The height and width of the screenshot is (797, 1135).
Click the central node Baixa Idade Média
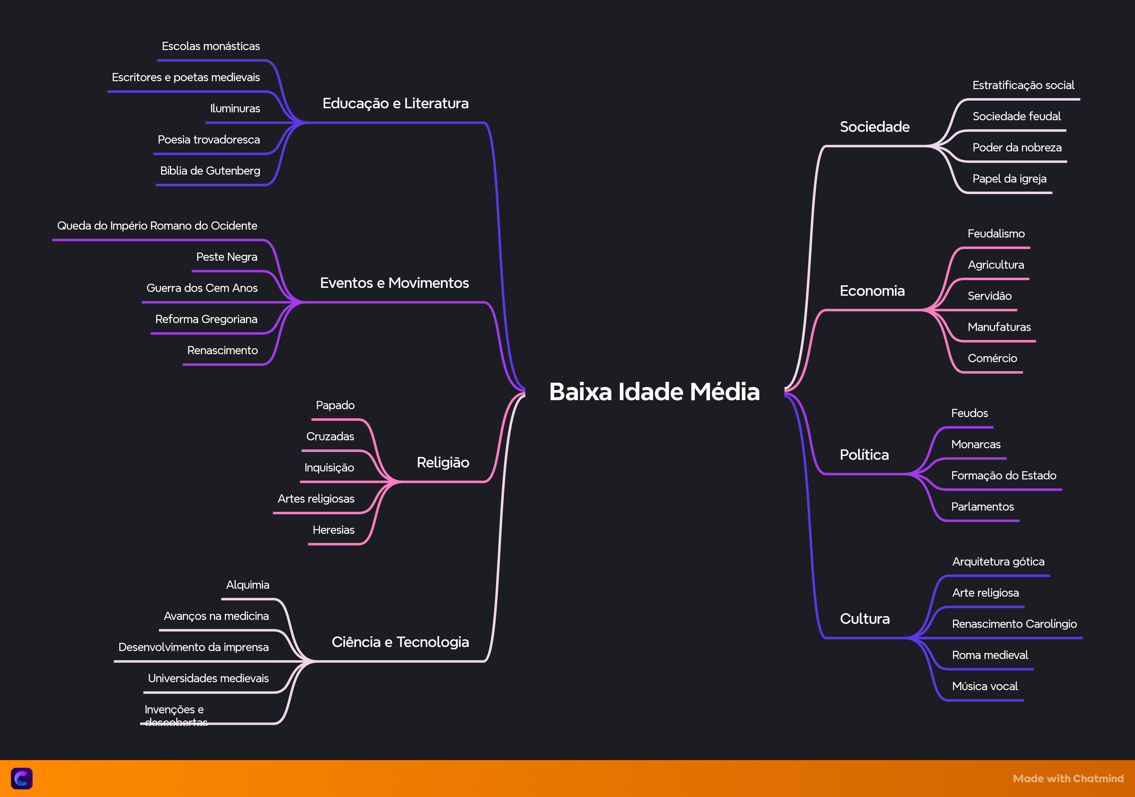[x=654, y=392]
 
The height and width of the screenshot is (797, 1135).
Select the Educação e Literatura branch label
[x=395, y=103]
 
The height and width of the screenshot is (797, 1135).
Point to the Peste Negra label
[x=227, y=257]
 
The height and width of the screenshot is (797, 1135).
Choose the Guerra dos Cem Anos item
[x=202, y=288]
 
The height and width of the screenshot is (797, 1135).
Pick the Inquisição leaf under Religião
[x=329, y=468]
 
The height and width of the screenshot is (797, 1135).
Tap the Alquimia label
[x=248, y=585]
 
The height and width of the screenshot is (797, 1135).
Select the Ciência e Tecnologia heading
[x=400, y=642]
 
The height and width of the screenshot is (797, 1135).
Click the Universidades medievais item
[x=208, y=678]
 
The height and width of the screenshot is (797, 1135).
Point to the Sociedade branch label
[x=875, y=127]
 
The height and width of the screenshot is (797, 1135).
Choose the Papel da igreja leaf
[x=1009, y=179]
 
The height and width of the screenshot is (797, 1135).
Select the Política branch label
[x=864, y=455]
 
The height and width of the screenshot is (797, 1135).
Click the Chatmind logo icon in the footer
[x=22, y=779]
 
